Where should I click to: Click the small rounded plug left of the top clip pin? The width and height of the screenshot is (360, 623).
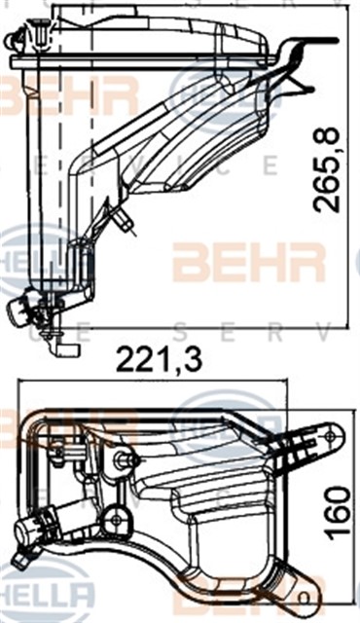pyautogui.click(x=12, y=42)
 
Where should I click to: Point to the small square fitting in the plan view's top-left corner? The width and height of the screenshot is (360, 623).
pyautogui.click(x=56, y=448)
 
